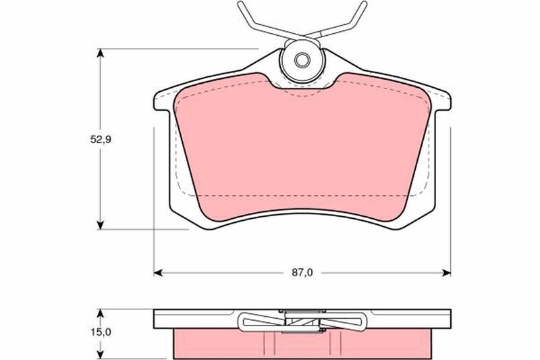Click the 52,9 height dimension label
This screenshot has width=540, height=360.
[x=100, y=140]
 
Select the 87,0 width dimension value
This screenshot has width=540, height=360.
[x=302, y=272]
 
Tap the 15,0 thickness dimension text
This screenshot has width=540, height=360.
[x=100, y=332]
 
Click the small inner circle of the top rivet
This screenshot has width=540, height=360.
[x=302, y=61]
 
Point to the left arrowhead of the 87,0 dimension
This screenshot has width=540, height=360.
[x=158, y=273]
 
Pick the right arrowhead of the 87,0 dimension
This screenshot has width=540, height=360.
[x=446, y=273]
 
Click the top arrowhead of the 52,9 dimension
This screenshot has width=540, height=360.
[x=100, y=53]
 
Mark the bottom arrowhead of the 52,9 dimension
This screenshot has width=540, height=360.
[x=100, y=225]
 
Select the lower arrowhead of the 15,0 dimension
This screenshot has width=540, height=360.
[x=100, y=355]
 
